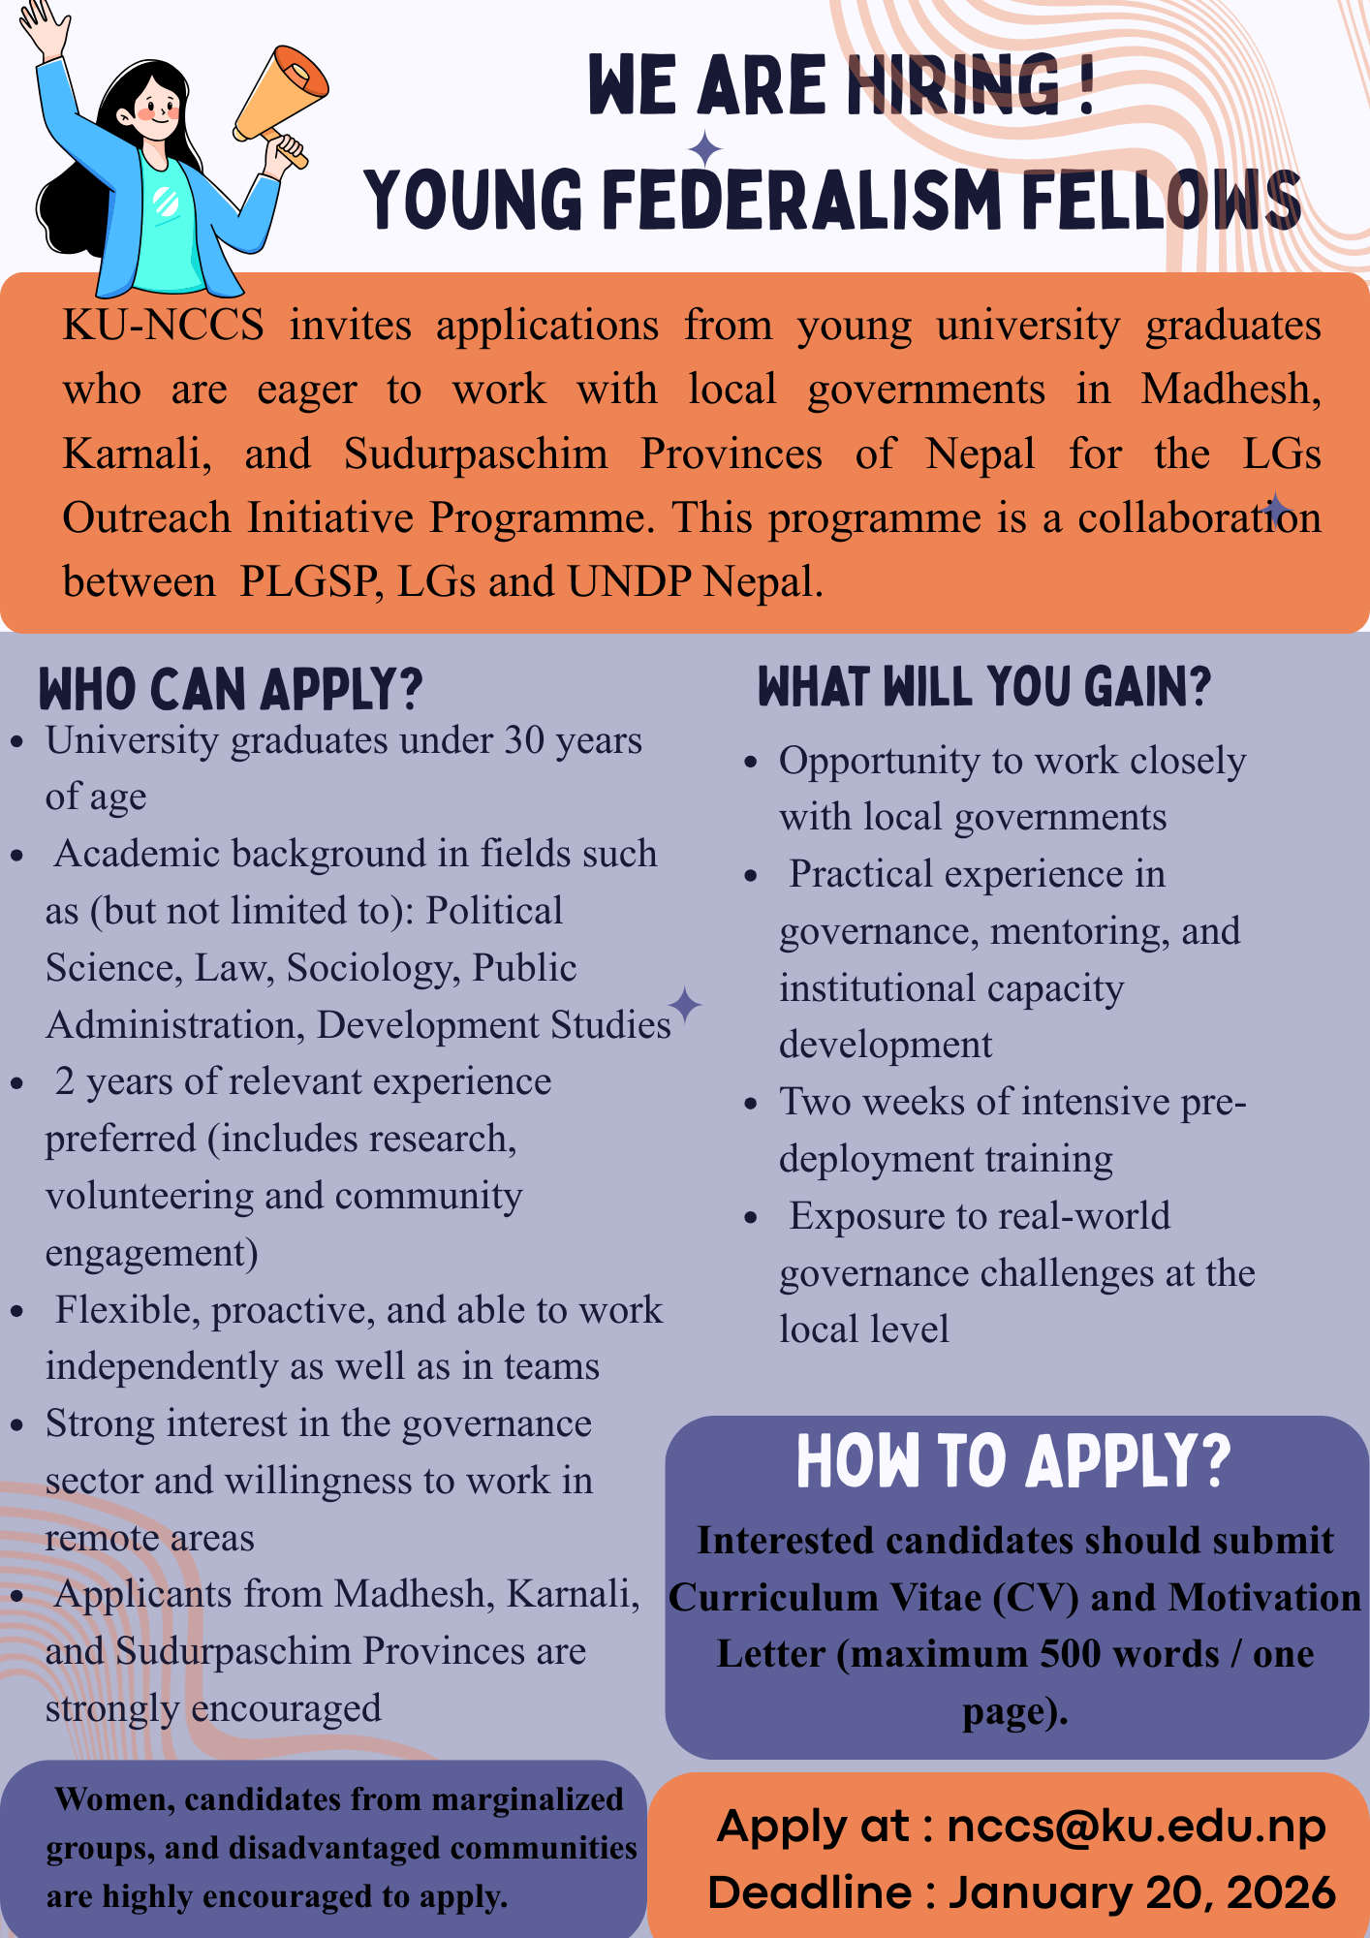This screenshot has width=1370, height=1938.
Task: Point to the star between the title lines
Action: (705, 150)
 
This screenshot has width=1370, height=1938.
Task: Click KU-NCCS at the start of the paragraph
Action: (163, 326)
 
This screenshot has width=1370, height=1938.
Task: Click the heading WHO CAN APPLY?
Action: (231, 689)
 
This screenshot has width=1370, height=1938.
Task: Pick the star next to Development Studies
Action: (685, 1005)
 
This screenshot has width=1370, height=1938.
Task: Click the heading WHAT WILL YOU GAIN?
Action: (984, 687)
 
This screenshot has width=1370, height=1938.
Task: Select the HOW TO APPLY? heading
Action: (1013, 1460)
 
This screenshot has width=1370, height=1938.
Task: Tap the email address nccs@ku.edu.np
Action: (1136, 1827)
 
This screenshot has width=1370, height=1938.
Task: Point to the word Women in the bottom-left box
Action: (114, 1799)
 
